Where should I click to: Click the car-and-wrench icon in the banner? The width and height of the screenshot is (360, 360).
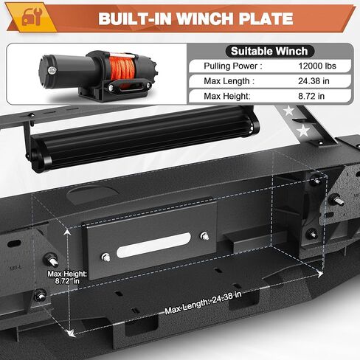[x=32, y=16]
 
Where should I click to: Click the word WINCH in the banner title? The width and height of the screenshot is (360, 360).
[x=206, y=18]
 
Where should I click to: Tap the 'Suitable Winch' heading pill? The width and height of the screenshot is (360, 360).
[x=269, y=52]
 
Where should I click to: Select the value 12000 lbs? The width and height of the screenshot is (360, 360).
[x=317, y=66]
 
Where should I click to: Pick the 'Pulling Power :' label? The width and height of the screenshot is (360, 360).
[x=233, y=66]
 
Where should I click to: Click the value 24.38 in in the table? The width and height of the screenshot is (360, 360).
[x=314, y=81]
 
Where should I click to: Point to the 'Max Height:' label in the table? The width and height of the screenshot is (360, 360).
[x=227, y=96]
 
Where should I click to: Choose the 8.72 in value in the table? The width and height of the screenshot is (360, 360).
[x=311, y=96]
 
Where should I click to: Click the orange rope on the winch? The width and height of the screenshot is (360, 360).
[x=122, y=69]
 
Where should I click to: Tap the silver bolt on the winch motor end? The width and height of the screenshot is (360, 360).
[x=52, y=71]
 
